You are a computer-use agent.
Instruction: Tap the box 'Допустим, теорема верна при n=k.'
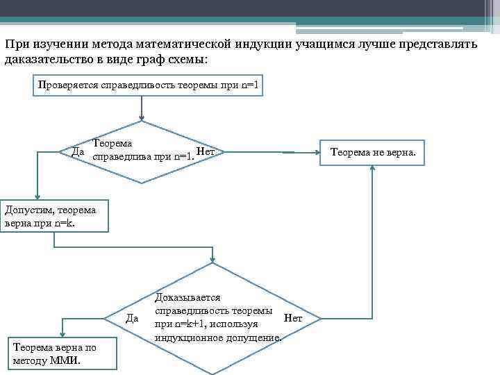[x=53, y=215]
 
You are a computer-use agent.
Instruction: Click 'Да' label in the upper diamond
[x=78, y=151]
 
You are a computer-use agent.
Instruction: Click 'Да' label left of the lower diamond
[x=134, y=318]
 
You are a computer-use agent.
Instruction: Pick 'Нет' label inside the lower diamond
[x=293, y=318]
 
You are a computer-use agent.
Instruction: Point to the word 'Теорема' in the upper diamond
[x=112, y=143]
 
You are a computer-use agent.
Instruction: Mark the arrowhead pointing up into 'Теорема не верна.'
[x=374, y=169]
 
